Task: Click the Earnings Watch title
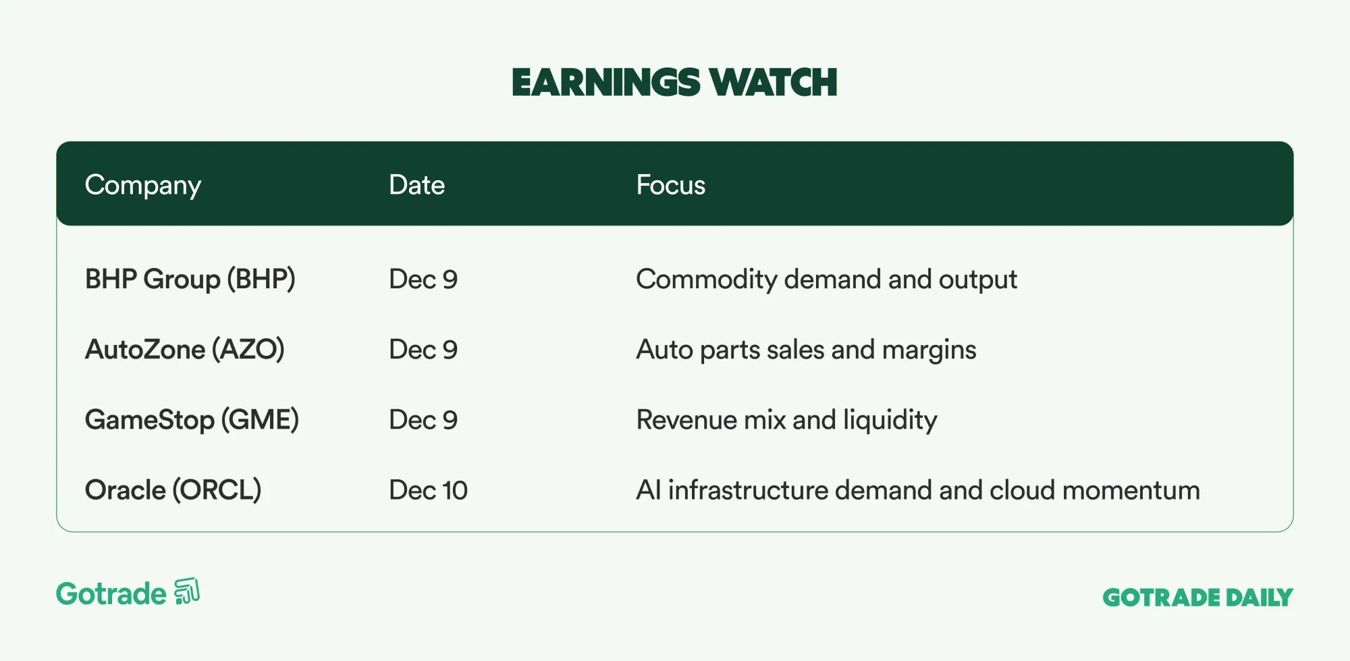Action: tap(674, 82)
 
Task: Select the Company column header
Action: tap(143, 186)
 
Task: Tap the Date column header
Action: tap(416, 185)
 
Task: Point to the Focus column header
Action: tap(670, 185)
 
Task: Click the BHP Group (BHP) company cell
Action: tap(190, 280)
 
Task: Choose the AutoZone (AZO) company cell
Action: tap(185, 350)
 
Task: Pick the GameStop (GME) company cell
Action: tap(192, 420)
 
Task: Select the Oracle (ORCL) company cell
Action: tap(173, 490)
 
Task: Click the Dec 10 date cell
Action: tap(428, 490)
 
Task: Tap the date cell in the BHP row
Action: tap(423, 280)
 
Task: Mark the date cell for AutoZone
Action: tap(423, 350)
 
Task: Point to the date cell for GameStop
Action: tap(423, 420)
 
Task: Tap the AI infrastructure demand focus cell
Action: tap(918, 490)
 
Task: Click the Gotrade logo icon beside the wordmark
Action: tap(187, 591)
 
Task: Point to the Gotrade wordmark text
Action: tap(111, 594)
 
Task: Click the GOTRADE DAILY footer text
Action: tap(1197, 598)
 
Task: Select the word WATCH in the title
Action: tap(773, 82)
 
